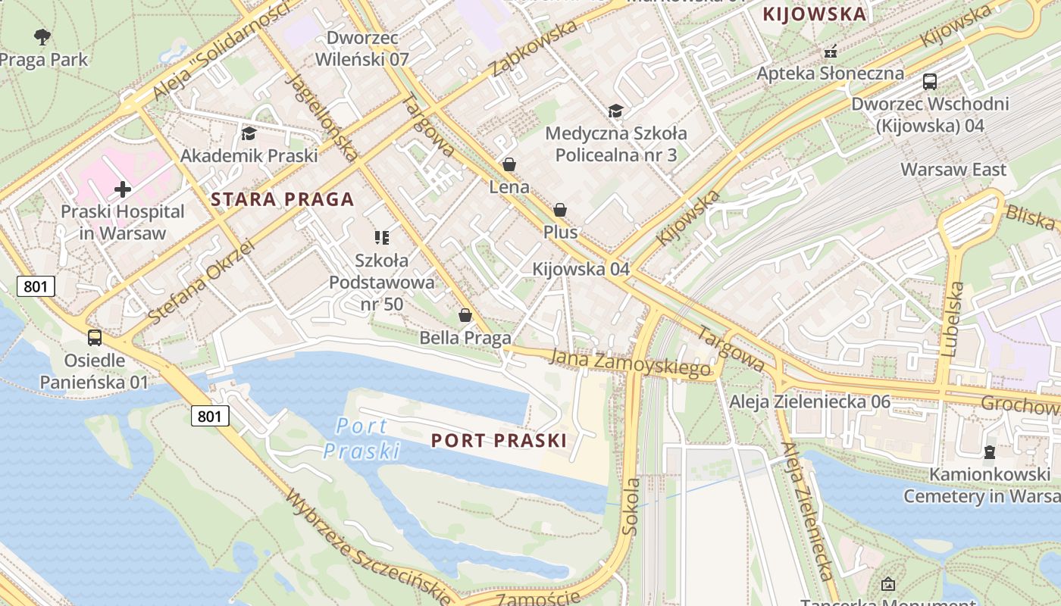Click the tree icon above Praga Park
pos(43,36)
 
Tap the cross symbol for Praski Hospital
pos(122,189)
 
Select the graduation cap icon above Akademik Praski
pos(248,134)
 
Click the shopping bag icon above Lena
pos(509,164)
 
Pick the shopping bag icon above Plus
pos(560,210)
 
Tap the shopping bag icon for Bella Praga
pos(465,315)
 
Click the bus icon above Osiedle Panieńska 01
pos(94,338)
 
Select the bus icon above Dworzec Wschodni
pos(929,82)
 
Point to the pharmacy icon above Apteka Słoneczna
pos(831,52)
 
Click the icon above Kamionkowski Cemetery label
pos(989,452)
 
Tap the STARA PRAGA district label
pos(282,200)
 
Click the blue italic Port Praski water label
pos(361,439)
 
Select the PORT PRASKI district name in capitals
pos(499,441)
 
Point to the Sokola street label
pos(631,505)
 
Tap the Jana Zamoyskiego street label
pos(631,362)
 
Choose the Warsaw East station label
pos(953,169)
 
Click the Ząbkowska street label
pos(534,48)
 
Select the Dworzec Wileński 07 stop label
pos(362,48)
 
